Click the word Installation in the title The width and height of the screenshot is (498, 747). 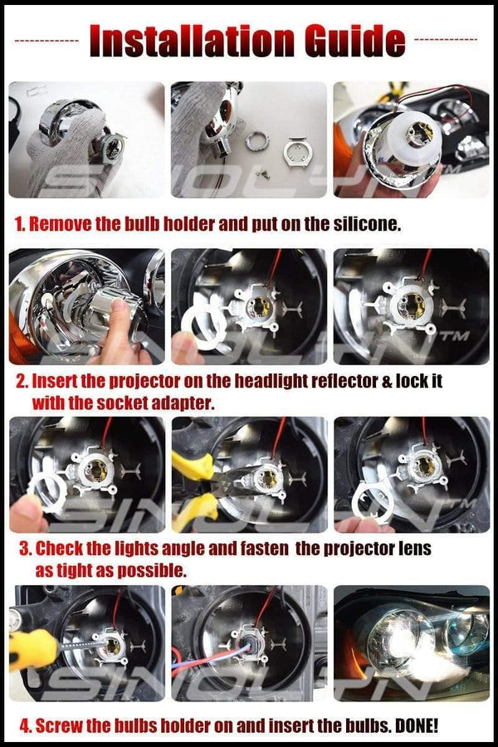(188, 39)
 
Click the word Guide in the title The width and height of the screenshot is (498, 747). (349, 39)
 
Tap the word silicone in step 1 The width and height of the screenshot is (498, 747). (364, 224)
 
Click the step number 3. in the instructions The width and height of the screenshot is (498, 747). (26, 549)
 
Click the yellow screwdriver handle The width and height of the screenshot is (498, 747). (29, 648)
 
